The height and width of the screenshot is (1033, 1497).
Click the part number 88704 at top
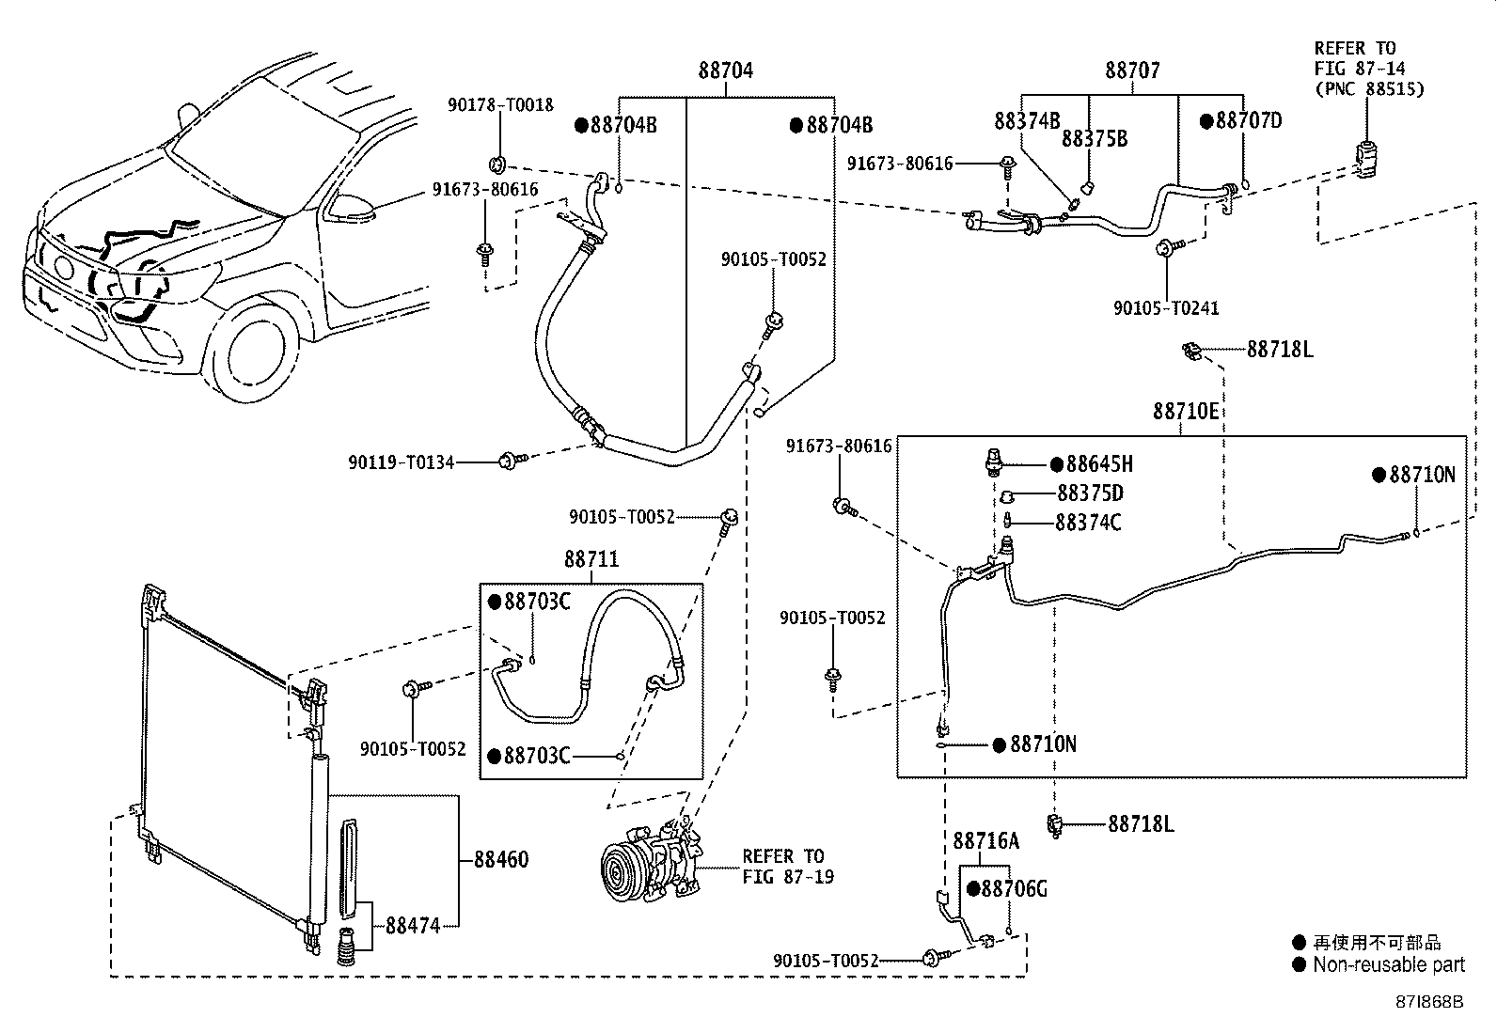[x=725, y=70]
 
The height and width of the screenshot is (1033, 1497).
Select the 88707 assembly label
[x=1132, y=70]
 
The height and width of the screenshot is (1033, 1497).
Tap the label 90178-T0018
[x=500, y=105]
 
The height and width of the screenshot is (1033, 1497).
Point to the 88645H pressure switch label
[x=1097, y=464]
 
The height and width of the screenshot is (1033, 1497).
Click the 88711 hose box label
[x=591, y=559]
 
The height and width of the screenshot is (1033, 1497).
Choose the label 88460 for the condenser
[x=500, y=859]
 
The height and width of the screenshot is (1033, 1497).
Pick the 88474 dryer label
[x=413, y=925]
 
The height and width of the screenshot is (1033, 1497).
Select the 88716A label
[x=985, y=841]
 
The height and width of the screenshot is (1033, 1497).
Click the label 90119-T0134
[x=402, y=462]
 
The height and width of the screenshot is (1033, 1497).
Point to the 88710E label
[x=1186, y=412]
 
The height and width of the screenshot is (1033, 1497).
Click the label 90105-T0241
[x=1166, y=308]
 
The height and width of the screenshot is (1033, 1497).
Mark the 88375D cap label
[x=1090, y=493]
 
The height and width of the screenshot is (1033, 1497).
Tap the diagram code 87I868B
[x=1429, y=1002]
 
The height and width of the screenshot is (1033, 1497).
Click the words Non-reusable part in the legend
[x=1388, y=964]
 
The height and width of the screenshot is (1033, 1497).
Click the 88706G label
[x=1013, y=889]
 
